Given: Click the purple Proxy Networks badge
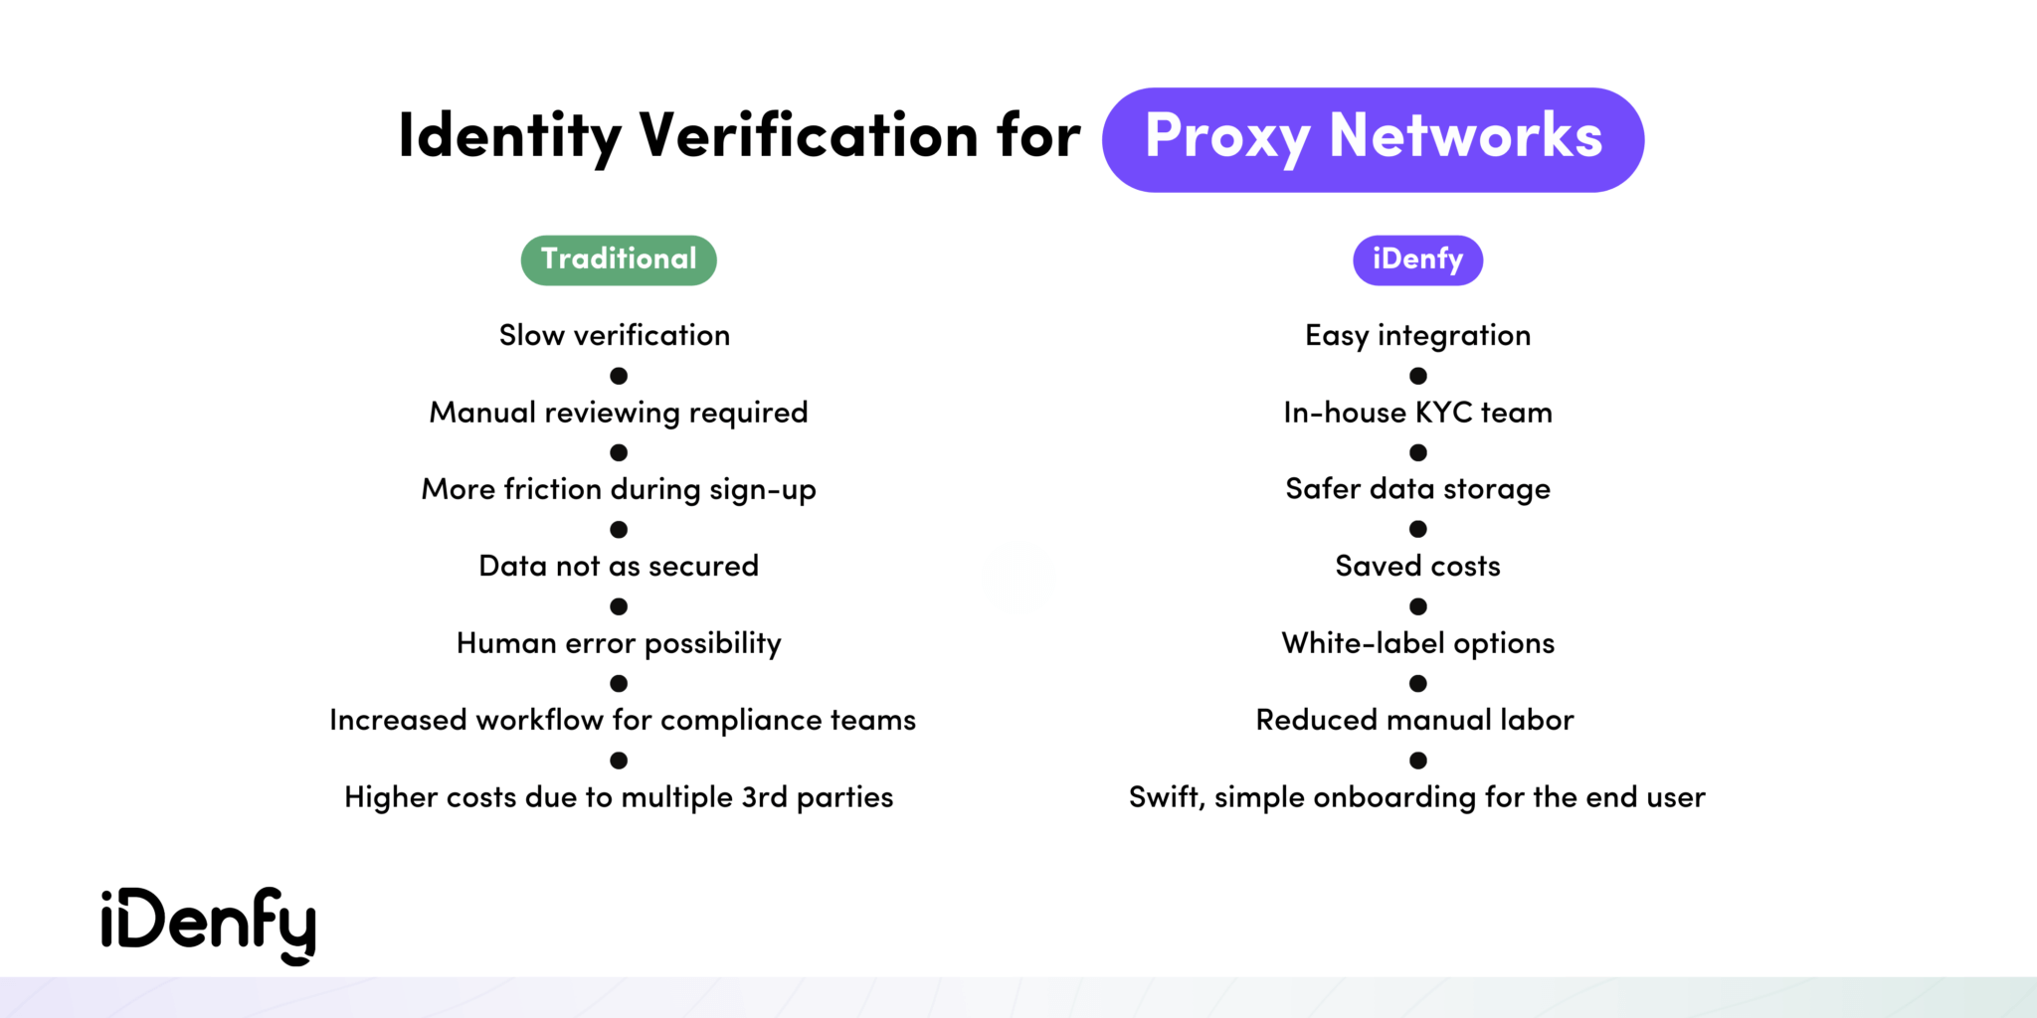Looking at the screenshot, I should pos(1373,139).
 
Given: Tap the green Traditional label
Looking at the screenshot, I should pos(619,259).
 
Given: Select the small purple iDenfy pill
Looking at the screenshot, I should pos(1417,259).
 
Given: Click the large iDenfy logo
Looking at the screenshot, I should pos(208,924).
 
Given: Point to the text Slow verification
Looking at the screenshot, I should pos(615,336).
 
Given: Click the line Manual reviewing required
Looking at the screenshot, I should pos(619,413).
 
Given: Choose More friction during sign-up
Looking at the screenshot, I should pos(619,489).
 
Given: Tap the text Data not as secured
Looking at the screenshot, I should pos(619,567).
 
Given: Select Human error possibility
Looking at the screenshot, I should pos(619,643).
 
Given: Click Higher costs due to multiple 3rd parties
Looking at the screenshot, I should pos(619,797).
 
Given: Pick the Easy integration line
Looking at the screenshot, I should pos(1417,336).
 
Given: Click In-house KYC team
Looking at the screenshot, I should pos(1417,413).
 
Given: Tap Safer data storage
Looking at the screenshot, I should pos(1417,489).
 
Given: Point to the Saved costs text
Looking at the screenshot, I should pos(1417,567).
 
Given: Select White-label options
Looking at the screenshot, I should pos(1417,643).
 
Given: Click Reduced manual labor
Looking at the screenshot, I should pos(1414,720).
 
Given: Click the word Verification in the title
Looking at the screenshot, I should pos(809,135).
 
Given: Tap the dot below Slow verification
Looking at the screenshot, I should pos(619,376).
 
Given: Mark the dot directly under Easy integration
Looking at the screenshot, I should pos(1418,376).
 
